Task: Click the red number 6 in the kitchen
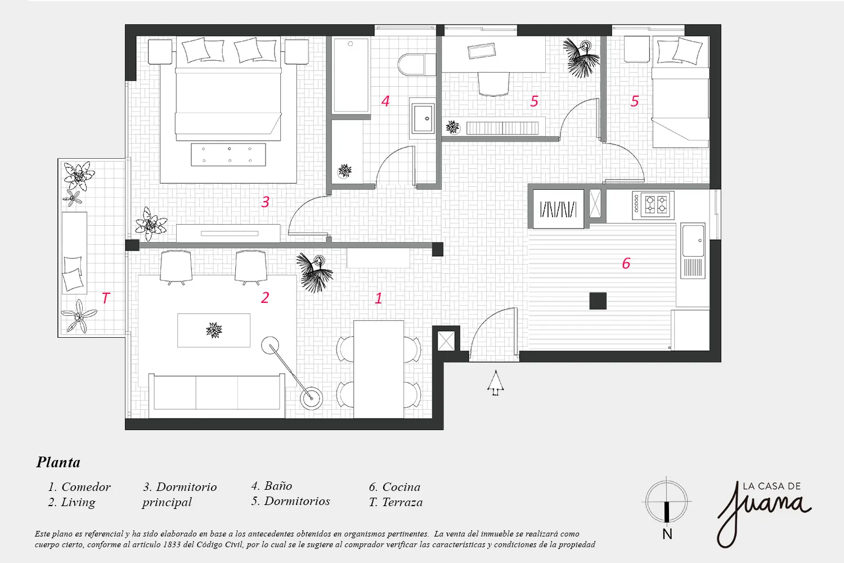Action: click(626, 263)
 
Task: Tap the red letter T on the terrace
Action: click(106, 298)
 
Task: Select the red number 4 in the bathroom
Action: click(385, 101)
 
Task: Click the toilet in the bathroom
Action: click(417, 64)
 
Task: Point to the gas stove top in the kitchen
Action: click(653, 205)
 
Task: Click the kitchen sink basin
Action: click(693, 240)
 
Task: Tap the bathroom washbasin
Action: click(423, 118)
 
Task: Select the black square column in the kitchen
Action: click(598, 301)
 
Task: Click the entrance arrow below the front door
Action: click(496, 383)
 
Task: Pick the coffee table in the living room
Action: click(214, 330)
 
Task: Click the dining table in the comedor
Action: click(379, 369)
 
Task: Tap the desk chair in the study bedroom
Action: click(493, 84)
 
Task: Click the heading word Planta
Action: click(59, 462)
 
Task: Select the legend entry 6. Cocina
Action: click(394, 487)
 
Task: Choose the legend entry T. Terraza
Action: click(396, 502)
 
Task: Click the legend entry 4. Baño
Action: click(272, 486)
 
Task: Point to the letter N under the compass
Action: click(667, 534)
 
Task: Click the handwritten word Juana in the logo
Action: click(764, 513)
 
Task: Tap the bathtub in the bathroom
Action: click(351, 75)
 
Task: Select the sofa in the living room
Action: click(217, 396)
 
